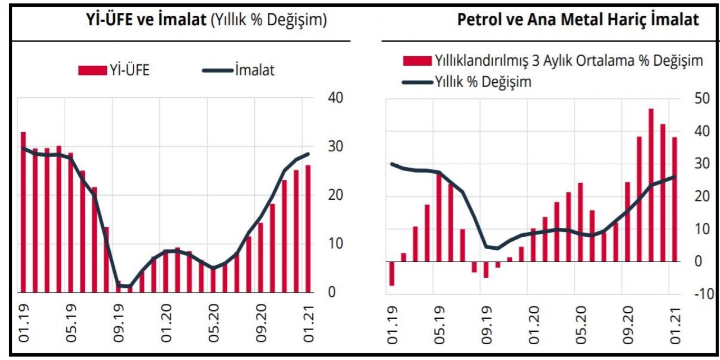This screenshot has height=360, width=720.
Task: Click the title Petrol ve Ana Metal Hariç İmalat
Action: (578, 21)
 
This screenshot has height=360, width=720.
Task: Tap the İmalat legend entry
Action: (238, 70)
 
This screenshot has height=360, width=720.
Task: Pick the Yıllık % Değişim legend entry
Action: (467, 82)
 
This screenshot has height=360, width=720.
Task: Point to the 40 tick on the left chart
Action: (336, 98)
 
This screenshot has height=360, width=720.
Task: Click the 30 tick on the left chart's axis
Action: (336, 146)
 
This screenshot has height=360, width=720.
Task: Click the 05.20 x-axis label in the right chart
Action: (580, 325)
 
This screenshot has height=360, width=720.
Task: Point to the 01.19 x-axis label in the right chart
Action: (392, 325)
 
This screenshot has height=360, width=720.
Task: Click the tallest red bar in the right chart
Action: (651, 186)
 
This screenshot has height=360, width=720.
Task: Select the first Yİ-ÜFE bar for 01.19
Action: (24, 213)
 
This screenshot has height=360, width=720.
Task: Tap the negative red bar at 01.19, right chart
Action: (391, 273)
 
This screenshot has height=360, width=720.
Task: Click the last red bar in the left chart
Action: (308, 228)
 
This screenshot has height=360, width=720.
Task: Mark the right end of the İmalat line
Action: (308, 154)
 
